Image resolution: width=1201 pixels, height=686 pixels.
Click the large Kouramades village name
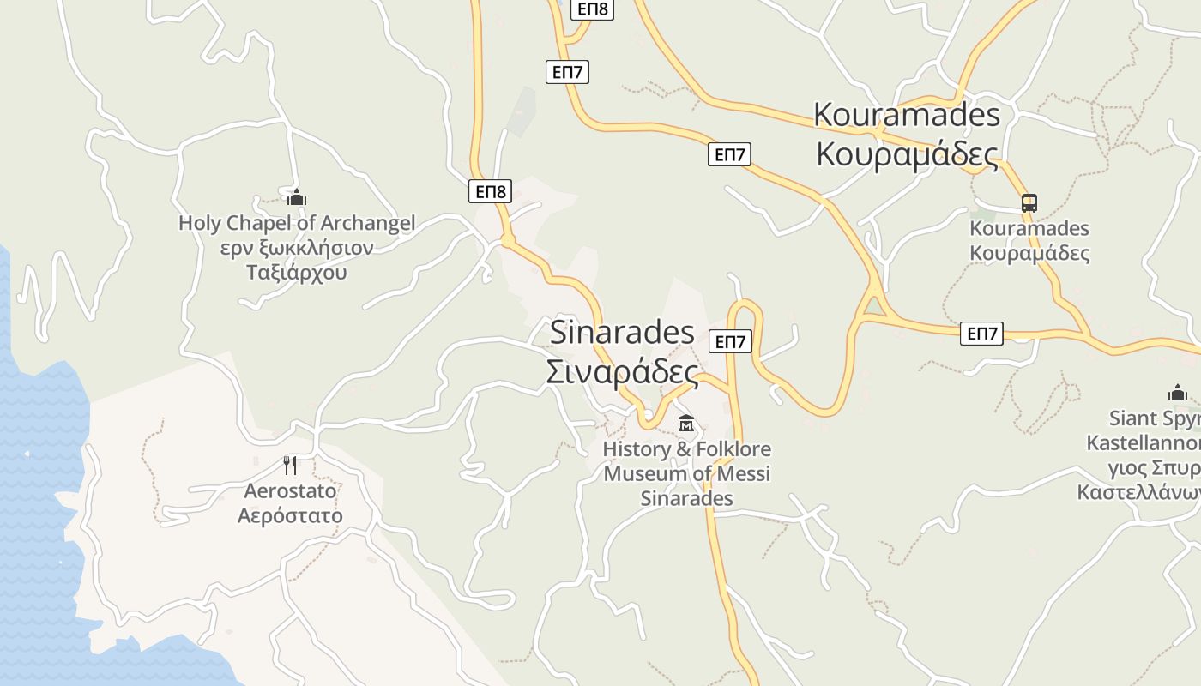click(x=907, y=114)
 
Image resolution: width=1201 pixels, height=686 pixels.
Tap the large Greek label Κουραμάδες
click(x=907, y=154)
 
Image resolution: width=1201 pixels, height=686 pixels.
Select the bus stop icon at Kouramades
click(x=1029, y=203)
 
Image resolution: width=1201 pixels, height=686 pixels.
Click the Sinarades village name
click(x=622, y=332)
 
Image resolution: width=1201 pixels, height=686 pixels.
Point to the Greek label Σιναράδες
click(x=622, y=373)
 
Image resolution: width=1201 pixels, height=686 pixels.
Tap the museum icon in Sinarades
click(x=686, y=423)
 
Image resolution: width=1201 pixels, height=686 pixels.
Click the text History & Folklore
click(x=686, y=449)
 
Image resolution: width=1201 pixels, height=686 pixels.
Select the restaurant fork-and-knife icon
click(x=290, y=466)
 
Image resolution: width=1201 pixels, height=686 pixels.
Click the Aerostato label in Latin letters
click(x=290, y=491)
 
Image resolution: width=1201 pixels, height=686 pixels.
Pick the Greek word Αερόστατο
click(x=290, y=515)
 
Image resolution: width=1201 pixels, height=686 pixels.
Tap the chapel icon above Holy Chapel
click(x=297, y=198)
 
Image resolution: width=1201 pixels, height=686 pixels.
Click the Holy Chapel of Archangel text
click(x=297, y=223)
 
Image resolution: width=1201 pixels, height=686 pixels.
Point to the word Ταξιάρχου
click(x=297, y=273)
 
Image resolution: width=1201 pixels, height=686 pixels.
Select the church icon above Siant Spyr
click(x=1178, y=394)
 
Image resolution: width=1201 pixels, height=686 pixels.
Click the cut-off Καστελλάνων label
click(x=1139, y=494)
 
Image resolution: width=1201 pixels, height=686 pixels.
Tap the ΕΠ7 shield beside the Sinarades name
click(x=730, y=342)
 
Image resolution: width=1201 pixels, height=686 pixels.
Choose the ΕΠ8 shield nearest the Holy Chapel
click(x=490, y=191)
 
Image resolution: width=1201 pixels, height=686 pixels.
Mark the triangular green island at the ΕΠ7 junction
click(x=873, y=306)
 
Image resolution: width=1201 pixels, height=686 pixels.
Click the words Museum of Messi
click(x=686, y=473)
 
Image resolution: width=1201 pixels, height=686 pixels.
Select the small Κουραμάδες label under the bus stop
click(x=1029, y=253)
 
